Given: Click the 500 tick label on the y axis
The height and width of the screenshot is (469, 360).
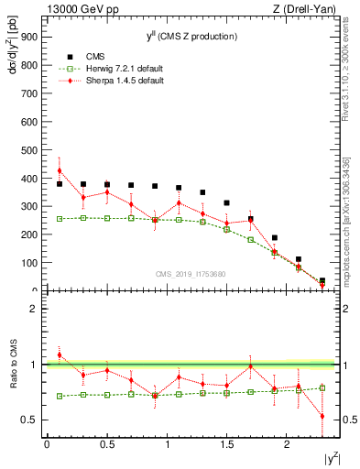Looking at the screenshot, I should (29, 150).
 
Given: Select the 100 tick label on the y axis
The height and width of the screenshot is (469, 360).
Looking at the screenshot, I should (29, 263).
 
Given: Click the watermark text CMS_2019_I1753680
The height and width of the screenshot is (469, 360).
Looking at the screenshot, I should (192, 273).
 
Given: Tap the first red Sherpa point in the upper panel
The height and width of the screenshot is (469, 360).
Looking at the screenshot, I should (60, 170).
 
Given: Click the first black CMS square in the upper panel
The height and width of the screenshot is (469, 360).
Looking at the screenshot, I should (60, 184).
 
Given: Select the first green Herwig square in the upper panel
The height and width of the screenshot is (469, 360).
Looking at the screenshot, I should (60, 219).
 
